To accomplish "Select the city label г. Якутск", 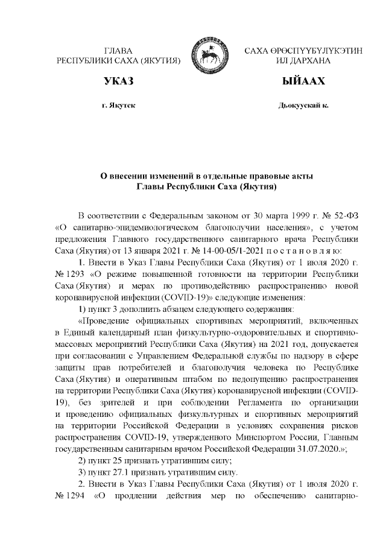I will coord(119,105).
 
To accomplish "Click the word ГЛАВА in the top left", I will coord(118,52).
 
